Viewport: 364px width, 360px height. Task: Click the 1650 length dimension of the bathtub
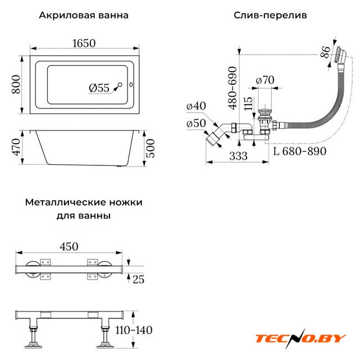pos(84,43)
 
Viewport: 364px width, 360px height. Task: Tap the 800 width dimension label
pos(16,84)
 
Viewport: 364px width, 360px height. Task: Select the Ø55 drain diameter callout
pos(99,88)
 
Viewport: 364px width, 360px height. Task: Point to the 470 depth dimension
pos(16,147)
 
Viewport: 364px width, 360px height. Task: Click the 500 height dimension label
pos(151,148)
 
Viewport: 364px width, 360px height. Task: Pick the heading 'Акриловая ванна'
pos(84,15)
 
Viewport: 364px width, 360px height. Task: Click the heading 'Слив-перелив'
pos(270,15)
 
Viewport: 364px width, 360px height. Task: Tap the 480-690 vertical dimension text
pos(232,88)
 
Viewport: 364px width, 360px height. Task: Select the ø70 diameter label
pos(265,80)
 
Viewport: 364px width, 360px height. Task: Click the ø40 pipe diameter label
pos(196,106)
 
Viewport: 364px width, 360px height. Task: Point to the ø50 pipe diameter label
pos(196,123)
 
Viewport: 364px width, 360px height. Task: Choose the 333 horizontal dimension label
pos(238,156)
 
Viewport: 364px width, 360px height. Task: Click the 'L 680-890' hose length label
pos(300,151)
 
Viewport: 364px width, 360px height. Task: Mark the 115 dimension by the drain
pos(248,103)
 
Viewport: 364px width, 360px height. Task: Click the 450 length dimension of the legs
pos(69,246)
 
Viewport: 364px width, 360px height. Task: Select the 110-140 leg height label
pos(134,330)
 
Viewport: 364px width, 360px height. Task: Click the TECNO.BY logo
pos(301,339)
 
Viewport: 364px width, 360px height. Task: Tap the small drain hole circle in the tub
pos(120,84)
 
